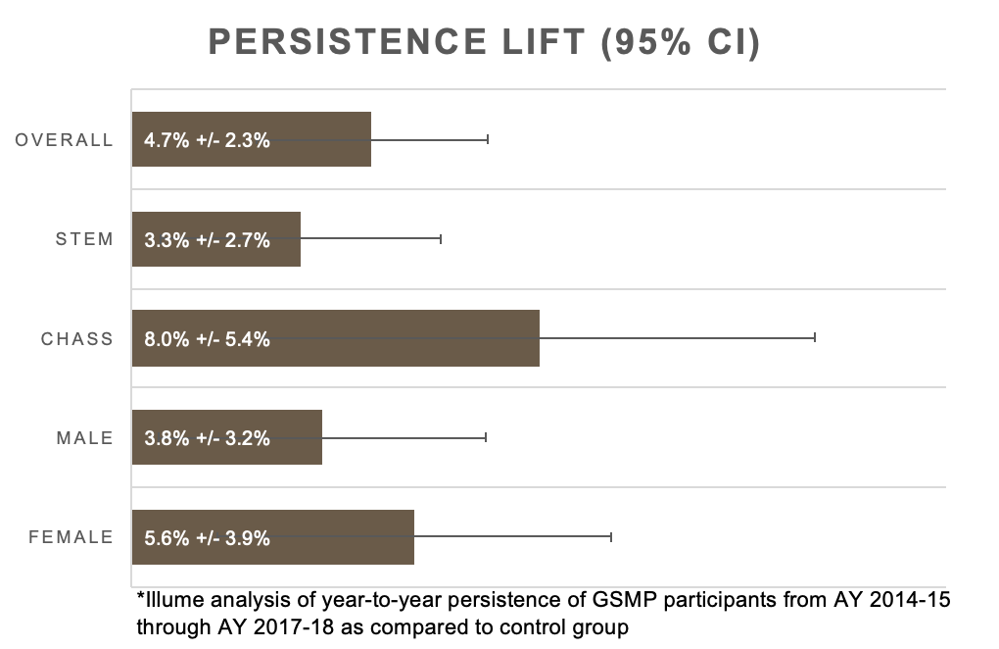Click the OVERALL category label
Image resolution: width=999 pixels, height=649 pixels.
click(x=65, y=140)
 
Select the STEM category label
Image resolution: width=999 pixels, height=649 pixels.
click(x=85, y=239)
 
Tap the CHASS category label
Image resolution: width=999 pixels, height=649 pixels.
click(x=77, y=339)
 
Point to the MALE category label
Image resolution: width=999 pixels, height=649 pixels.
click(x=85, y=438)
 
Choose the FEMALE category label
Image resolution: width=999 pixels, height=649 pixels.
click(x=71, y=537)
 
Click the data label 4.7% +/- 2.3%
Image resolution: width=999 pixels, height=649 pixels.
click(x=207, y=140)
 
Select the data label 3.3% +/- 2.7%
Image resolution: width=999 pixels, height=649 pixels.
click(x=207, y=239)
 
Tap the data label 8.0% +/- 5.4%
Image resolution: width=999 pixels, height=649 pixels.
click(x=207, y=339)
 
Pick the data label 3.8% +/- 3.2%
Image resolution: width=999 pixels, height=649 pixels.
click(x=207, y=438)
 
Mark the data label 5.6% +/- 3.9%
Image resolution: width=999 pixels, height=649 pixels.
click(x=207, y=537)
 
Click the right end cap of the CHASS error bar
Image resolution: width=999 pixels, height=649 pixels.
click(x=814, y=338)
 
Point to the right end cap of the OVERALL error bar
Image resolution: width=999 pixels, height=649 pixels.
click(x=487, y=139)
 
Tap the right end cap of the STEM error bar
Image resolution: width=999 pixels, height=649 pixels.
click(x=441, y=239)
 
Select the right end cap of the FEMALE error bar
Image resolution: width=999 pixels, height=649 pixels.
click(x=611, y=537)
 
